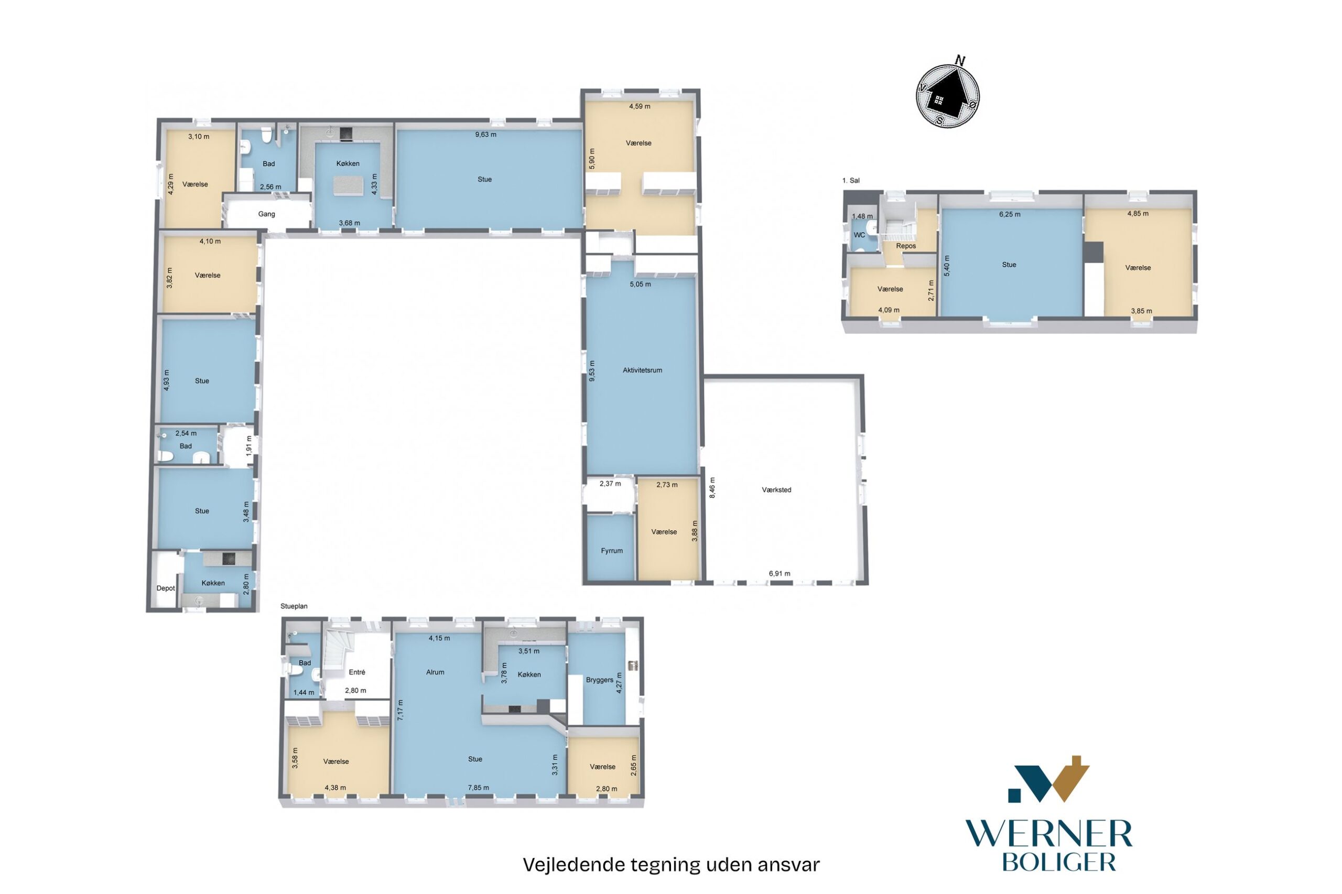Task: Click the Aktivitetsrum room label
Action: click(642, 370)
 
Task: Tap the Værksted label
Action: click(776, 490)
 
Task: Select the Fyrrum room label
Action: click(611, 551)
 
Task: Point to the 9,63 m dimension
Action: click(485, 135)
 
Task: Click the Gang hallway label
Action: click(266, 214)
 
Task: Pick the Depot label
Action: click(166, 588)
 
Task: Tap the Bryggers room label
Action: click(599, 680)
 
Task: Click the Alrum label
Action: click(435, 672)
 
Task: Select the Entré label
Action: click(356, 672)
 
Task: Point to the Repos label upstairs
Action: click(906, 246)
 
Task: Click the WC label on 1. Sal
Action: click(859, 235)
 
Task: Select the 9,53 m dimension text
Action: click(591, 370)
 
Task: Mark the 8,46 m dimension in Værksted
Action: click(711, 487)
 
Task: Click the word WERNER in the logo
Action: click(1048, 835)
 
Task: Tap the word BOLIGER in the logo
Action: click(1058, 862)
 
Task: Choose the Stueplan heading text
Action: click(294, 606)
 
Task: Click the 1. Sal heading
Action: click(851, 180)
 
